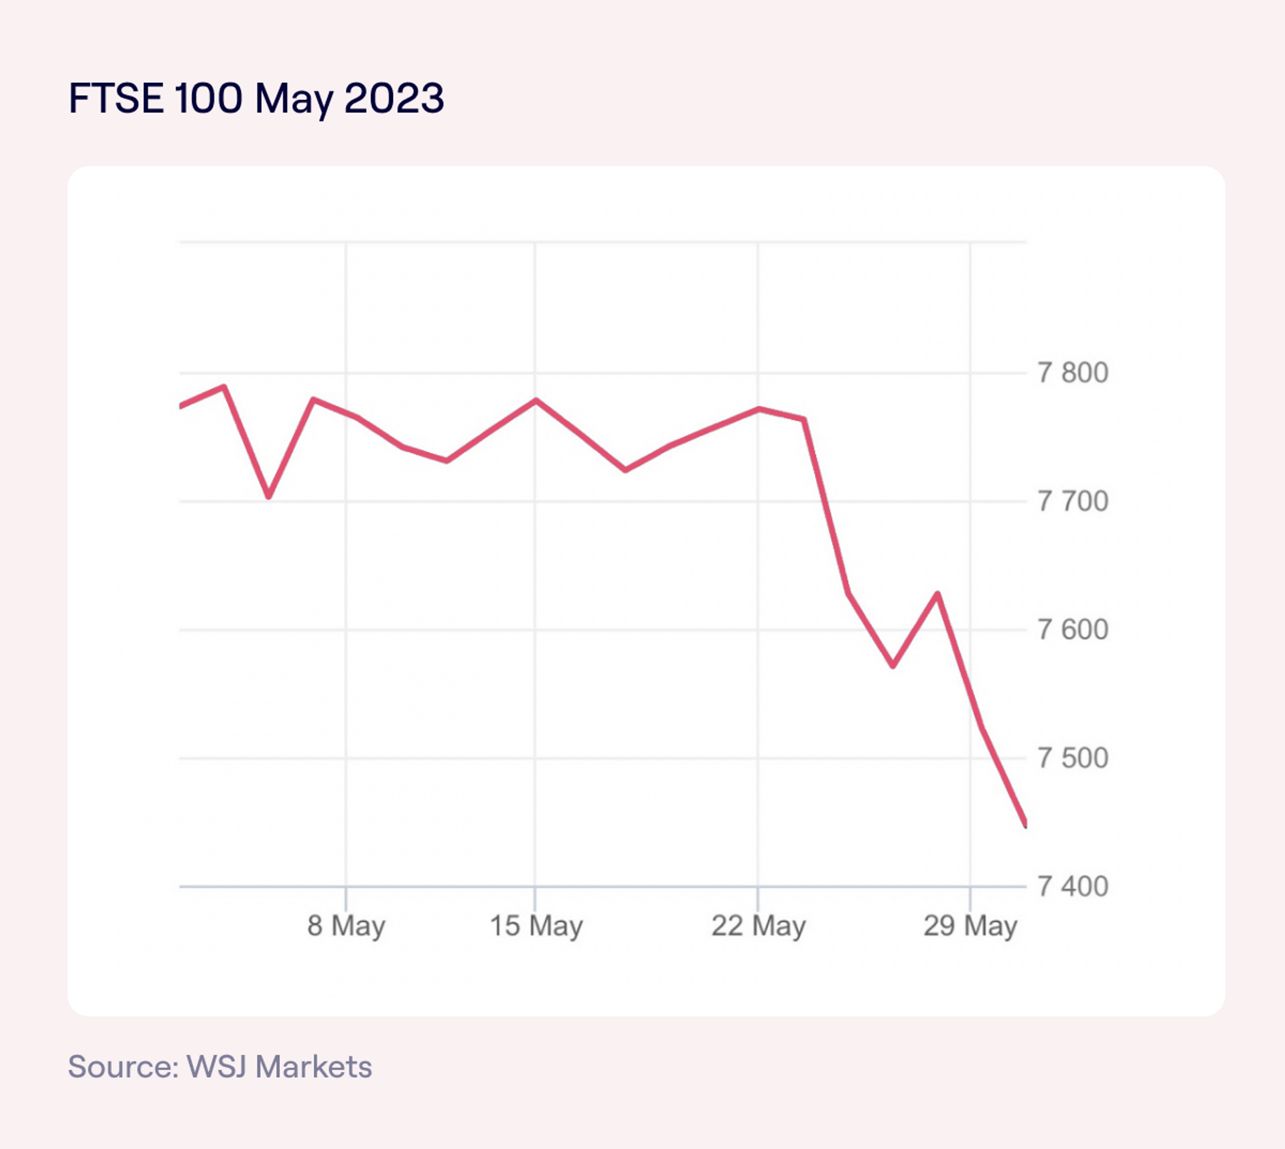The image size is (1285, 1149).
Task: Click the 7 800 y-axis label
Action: [x=1073, y=373]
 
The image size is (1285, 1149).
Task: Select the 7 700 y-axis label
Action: [x=1073, y=502]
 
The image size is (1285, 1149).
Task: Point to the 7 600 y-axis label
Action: [x=1073, y=630]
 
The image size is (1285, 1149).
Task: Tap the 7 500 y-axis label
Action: [x=1073, y=758]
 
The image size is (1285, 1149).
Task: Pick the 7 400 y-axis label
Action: [x=1073, y=887]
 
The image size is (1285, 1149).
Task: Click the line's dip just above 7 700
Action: [x=269, y=497]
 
